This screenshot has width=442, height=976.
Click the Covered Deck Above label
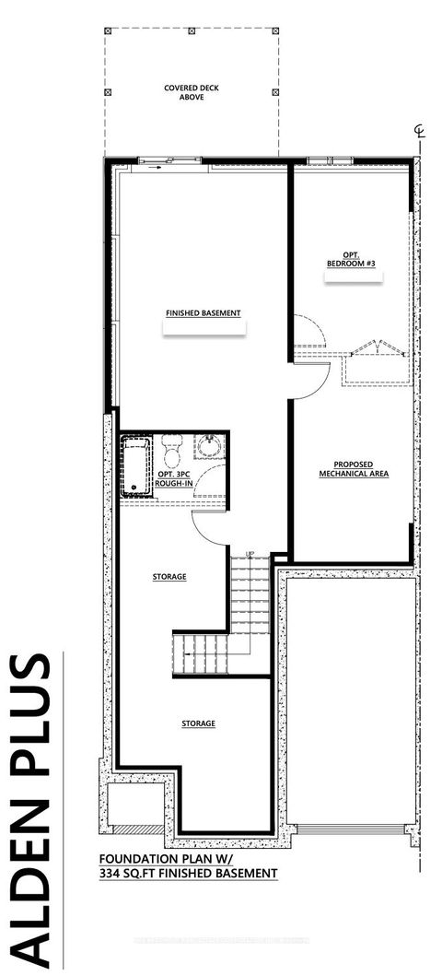(192, 93)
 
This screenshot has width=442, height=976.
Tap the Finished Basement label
(204, 313)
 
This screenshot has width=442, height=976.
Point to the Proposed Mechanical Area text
(354, 469)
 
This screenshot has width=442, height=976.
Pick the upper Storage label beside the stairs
(169, 577)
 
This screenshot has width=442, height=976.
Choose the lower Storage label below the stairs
(198, 723)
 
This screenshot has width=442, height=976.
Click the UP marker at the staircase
(249, 554)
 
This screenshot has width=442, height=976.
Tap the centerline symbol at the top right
(419, 135)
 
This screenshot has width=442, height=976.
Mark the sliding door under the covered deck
(168, 161)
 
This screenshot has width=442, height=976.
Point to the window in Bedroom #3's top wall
(321, 161)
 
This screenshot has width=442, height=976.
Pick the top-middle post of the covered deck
(192, 31)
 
